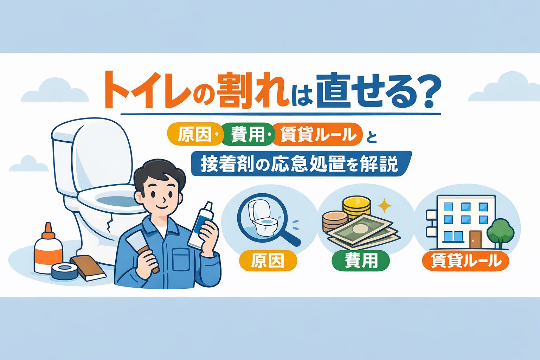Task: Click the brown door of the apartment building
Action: coord(475,239)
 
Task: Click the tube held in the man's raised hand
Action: coord(201,225)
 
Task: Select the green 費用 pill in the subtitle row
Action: coord(246,135)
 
